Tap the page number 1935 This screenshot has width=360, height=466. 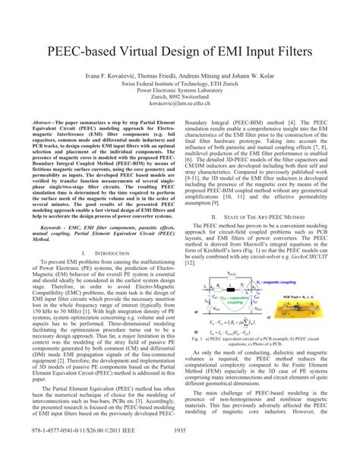[180, 452]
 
